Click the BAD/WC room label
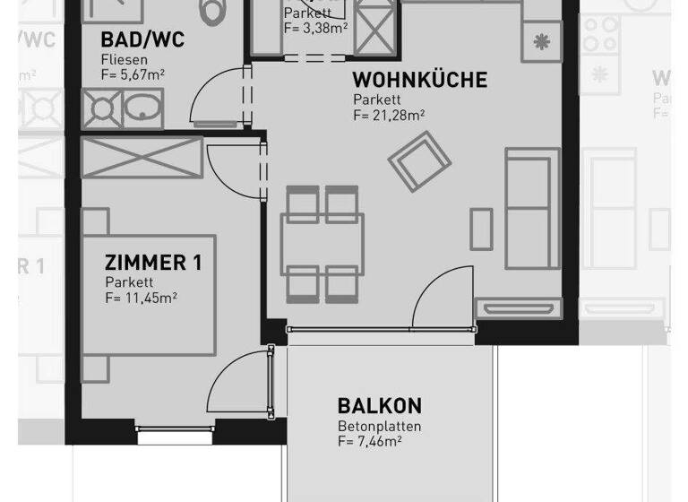143,40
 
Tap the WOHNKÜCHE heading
419,80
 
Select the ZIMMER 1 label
153,264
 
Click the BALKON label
379,406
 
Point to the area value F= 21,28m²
388,115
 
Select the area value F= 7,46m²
369,441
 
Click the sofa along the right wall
529,209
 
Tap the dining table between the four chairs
322,244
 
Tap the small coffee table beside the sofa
481,228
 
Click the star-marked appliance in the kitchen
542,40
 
